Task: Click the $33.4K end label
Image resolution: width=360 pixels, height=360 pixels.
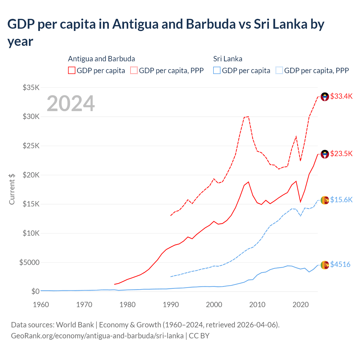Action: click(341, 96)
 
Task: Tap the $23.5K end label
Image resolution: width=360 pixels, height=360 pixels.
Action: click(341, 154)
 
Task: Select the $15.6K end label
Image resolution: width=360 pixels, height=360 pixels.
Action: click(341, 200)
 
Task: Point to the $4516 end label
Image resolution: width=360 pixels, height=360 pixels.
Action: click(340, 264)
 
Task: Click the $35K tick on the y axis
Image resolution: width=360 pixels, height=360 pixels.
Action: click(31, 87)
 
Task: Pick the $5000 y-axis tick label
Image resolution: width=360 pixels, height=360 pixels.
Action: click(29, 262)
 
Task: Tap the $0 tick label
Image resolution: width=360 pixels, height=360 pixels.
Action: click(35, 291)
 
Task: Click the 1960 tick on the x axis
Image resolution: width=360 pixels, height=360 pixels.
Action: click(41, 305)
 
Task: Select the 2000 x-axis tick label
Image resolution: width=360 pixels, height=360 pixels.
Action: click(214, 305)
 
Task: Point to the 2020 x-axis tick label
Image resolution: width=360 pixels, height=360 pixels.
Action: click(301, 305)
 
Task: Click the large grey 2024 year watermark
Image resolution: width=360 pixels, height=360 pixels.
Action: click(71, 103)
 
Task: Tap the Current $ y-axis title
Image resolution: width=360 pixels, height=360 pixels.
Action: click(12, 189)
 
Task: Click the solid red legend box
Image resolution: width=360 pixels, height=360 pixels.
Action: click(72, 70)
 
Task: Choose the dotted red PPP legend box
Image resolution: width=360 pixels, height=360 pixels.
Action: click(134, 70)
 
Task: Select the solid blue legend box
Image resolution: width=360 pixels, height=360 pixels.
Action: click(217, 70)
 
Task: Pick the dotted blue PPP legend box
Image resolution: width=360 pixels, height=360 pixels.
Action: click(279, 70)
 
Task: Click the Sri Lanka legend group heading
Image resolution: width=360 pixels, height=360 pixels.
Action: click(228, 59)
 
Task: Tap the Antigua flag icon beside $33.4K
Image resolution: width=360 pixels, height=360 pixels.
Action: click(325, 97)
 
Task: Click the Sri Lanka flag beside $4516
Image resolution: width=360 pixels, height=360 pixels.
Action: click(325, 265)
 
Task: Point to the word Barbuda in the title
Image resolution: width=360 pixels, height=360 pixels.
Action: click(211, 24)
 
